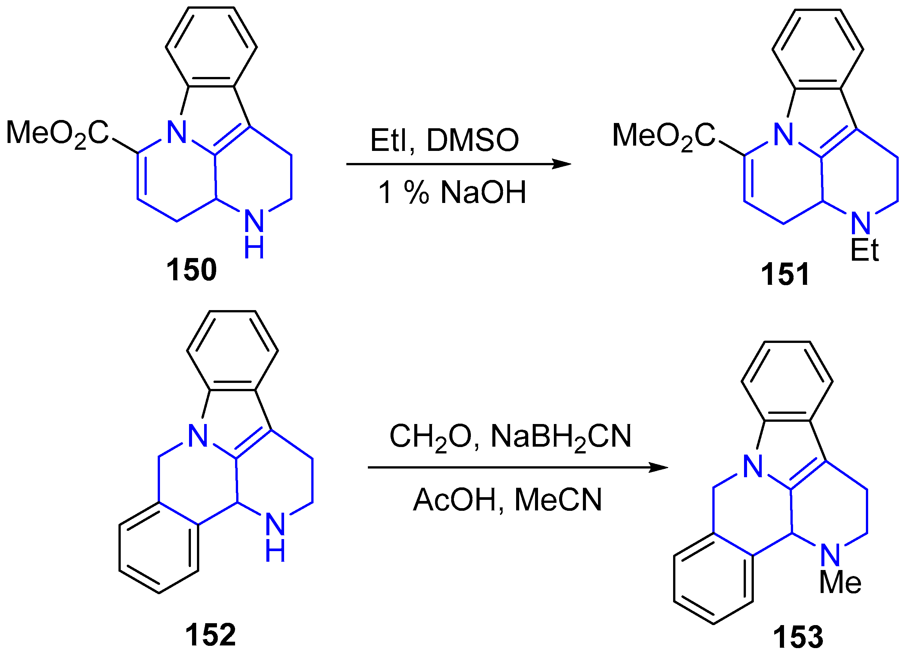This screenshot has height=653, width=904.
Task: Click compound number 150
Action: [191, 270]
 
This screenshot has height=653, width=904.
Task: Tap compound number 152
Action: [211, 634]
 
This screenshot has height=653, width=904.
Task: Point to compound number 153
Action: [798, 637]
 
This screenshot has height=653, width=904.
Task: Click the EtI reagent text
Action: [392, 140]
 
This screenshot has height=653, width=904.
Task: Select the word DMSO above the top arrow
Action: [473, 140]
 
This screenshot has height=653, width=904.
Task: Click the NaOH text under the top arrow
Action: [483, 192]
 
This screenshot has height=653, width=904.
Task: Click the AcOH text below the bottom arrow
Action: [455, 500]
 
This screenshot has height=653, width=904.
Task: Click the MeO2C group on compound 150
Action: [57, 133]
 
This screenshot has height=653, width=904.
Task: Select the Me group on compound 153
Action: [840, 583]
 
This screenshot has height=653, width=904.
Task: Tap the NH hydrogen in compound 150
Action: [254, 248]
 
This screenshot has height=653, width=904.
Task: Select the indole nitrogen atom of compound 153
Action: [753, 467]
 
